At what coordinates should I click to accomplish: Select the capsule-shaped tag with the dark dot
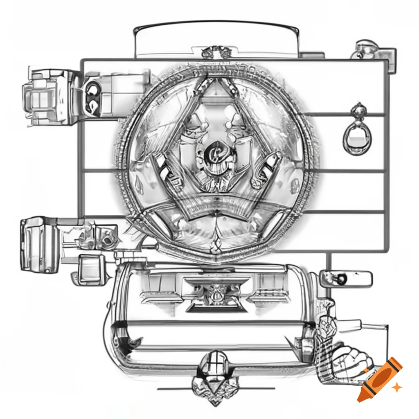click(x=346, y=278)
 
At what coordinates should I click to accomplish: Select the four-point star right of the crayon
click(x=396, y=387)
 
